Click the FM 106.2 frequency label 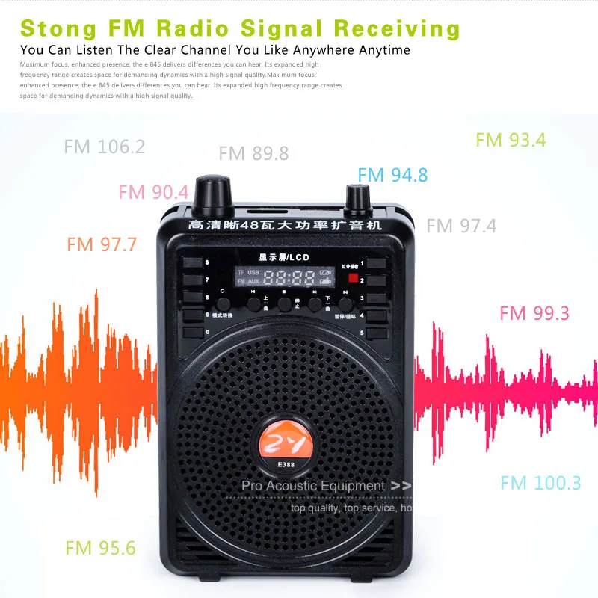tap(104, 147)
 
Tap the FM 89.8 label tap(253, 154)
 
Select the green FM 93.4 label tap(511, 140)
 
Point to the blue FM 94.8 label tap(392, 176)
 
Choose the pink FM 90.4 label tap(153, 192)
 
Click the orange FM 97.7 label tap(102, 244)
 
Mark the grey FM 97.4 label tap(461, 226)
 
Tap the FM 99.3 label tap(534, 313)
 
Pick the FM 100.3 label tap(540, 483)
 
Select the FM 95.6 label tap(100, 548)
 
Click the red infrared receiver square tap(352, 277)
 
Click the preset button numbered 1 tap(376, 263)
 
